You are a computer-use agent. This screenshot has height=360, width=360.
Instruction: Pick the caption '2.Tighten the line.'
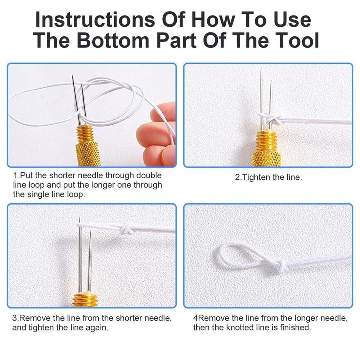268,177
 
